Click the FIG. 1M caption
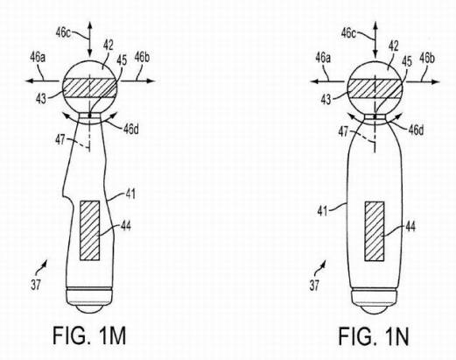click(x=89, y=336)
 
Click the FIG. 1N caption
click(x=374, y=336)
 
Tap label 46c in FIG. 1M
click(x=63, y=32)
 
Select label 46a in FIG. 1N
click(x=323, y=58)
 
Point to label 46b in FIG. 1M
click(x=142, y=58)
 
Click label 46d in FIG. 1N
click(x=416, y=130)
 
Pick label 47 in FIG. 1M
click(x=60, y=140)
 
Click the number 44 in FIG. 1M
click(x=125, y=226)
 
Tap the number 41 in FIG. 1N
click(x=323, y=211)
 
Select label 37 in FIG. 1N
click(x=314, y=285)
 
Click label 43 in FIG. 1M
click(x=41, y=99)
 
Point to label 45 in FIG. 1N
click(x=407, y=61)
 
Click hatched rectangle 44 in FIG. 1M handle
click(x=90, y=230)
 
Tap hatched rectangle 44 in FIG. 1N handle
click(x=375, y=231)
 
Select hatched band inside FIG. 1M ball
click(x=90, y=88)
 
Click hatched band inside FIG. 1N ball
click(x=375, y=88)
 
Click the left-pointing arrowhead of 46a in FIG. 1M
click(x=29, y=81)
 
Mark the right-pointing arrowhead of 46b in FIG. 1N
click(x=436, y=82)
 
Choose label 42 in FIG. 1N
click(x=393, y=46)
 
